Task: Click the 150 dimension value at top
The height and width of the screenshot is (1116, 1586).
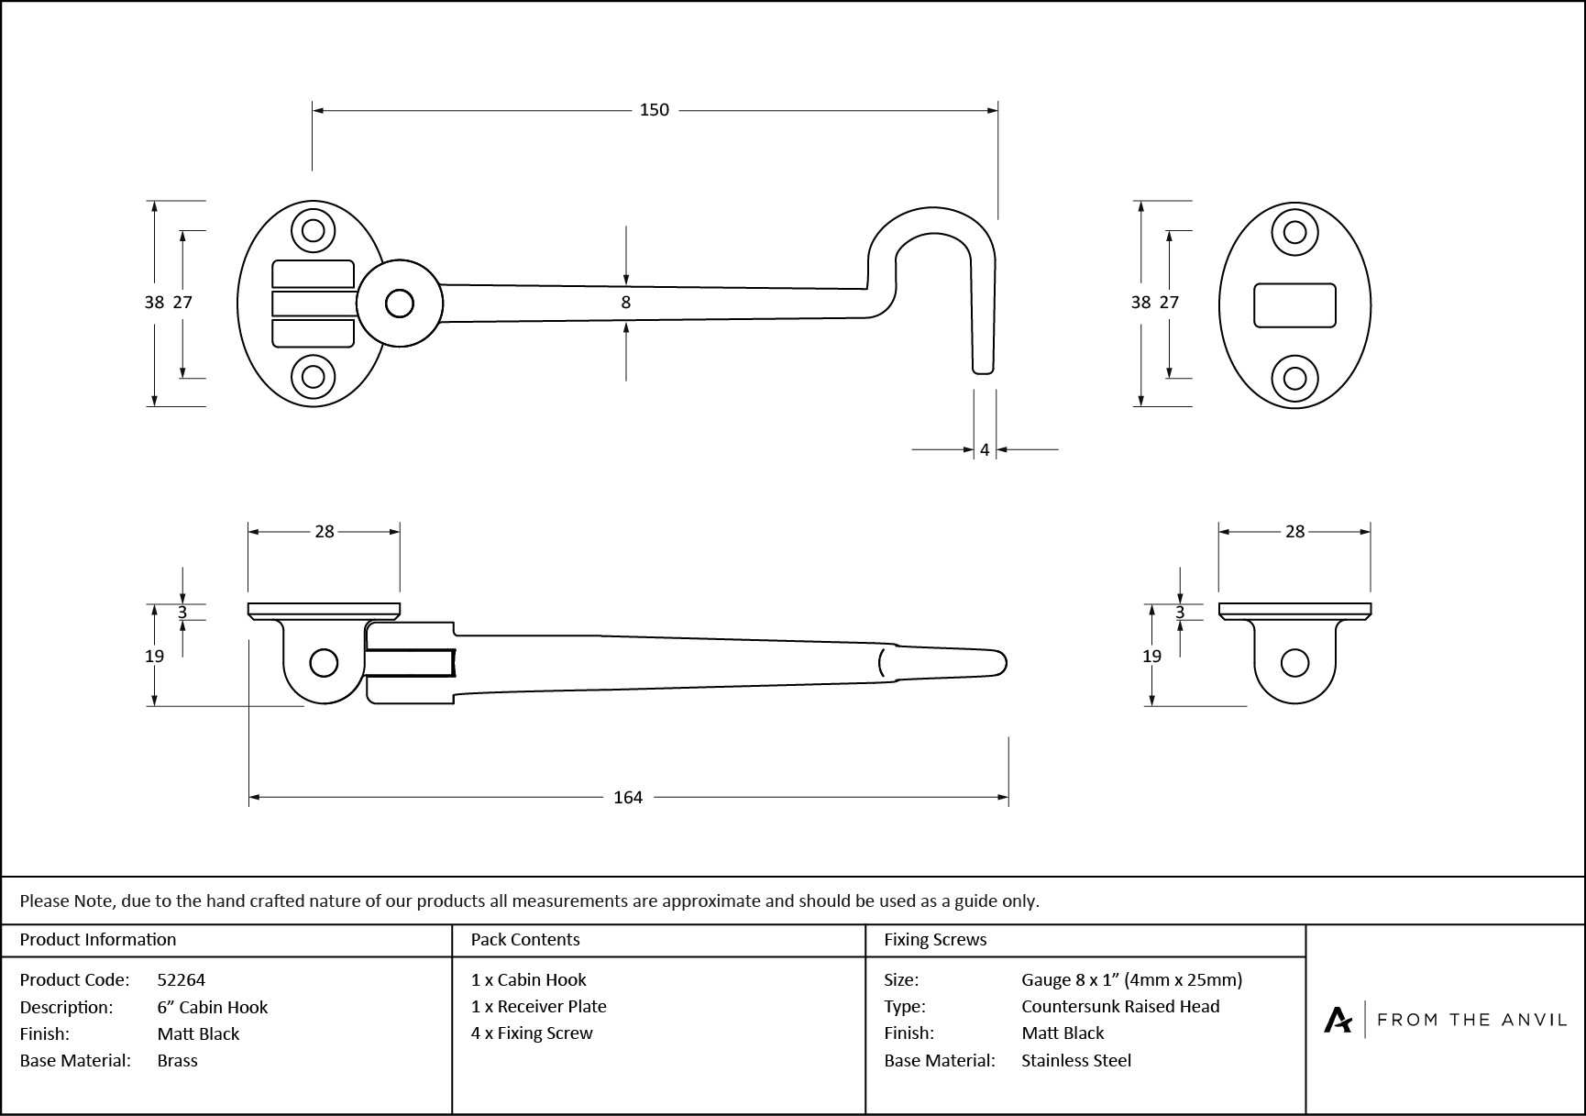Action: pyautogui.click(x=654, y=110)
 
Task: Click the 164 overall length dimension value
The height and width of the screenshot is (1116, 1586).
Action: pyautogui.click(x=628, y=798)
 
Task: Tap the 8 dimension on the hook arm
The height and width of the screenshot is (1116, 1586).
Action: pyautogui.click(x=626, y=303)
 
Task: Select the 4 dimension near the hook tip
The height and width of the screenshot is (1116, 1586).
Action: pyautogui.click(x=985, y=450)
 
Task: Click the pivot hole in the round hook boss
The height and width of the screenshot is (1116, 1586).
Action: pyautogui.click(x=399, y=304)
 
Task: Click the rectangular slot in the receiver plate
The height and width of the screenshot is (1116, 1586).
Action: pyautogui.click(x=1294, y=305)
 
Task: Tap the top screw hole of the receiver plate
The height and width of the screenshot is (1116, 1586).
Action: pyautogui.click(x=1294, y=231)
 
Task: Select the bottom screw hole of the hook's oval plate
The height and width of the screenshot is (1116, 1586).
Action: pyautogui.click(x=313, y=377)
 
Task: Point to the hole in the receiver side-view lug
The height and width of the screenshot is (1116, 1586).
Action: pyautogui.click(x=1294, y=662)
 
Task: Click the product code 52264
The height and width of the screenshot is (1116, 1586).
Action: pyautogui.click(x=182, y=979)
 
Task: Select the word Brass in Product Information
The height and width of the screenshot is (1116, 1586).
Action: pyautogui.click(x=178, y=1060)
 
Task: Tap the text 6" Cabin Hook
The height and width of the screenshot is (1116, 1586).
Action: pyautogui.click(x=213, y=1007)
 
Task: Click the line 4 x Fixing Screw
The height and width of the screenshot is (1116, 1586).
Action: pyautogui.click(x=532, y=1033)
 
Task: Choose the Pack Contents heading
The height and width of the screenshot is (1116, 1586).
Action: pyautogui.click(x=525, y=939)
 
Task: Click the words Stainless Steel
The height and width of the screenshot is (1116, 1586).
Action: pyautogui.click(x=1076, y=1060)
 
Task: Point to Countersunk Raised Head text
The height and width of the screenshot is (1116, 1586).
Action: pyautogui.click(x=1120, y=1006)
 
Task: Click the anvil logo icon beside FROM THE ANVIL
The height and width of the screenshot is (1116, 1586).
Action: pyautogui.click(x=1338, y=1020)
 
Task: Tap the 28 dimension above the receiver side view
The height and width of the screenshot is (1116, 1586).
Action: pyautogui.click(x=1294, y=532)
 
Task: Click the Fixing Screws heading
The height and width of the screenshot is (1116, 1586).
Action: pyautogui.click(x=935, y=939)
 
